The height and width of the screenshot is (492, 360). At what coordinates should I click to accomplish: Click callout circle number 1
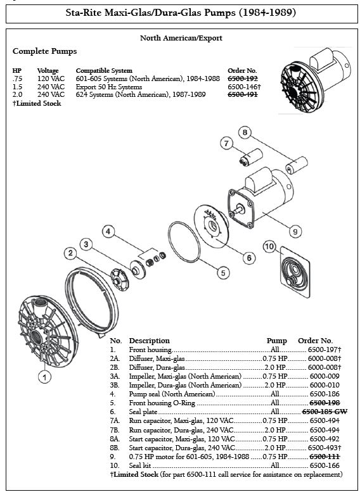(44, 377)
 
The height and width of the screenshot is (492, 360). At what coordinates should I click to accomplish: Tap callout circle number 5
(222, 274)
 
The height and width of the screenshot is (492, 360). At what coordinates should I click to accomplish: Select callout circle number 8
(244, 132)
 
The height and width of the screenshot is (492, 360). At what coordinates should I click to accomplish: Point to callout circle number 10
(268, 246)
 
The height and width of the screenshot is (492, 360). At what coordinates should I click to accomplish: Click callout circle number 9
(295, 231)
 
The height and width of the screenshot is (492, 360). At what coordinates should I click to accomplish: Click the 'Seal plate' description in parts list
(144, 411)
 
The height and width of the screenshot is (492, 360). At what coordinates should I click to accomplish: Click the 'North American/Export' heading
(181, 38)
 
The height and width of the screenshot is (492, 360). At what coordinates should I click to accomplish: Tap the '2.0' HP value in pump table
(18, 94)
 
